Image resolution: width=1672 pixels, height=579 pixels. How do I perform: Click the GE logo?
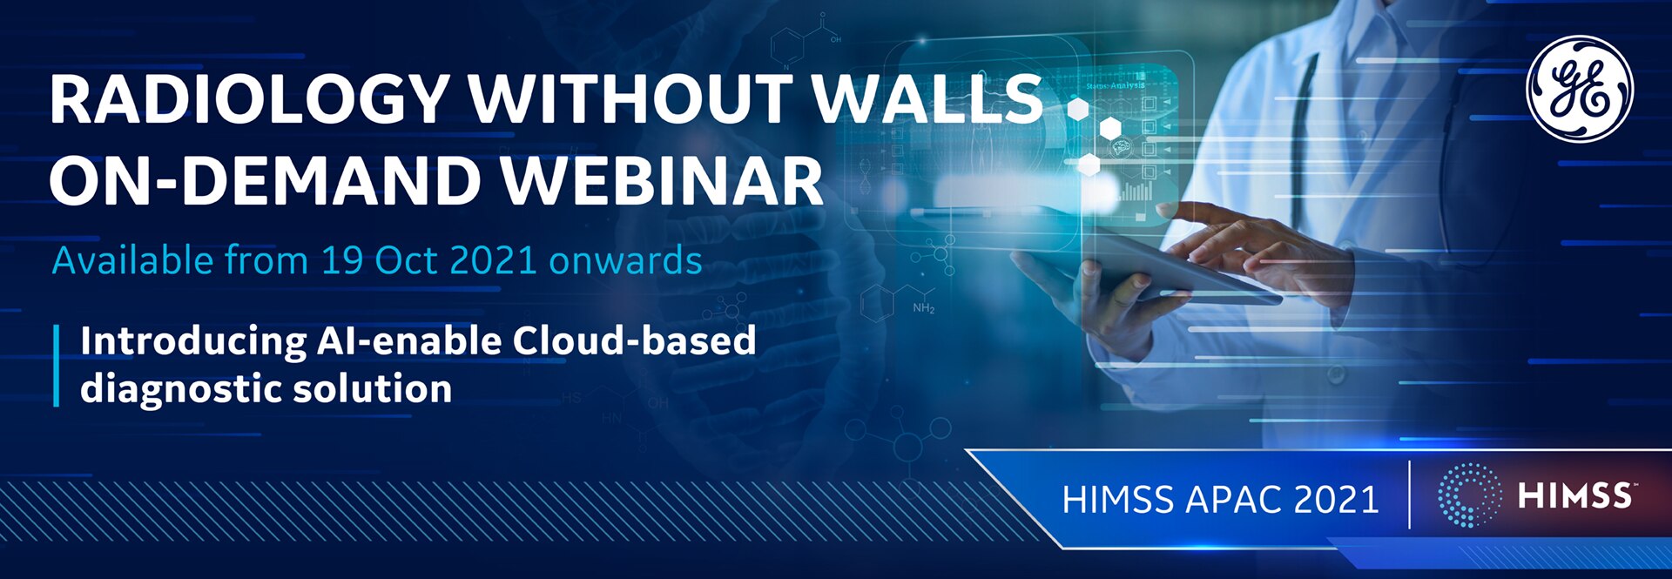coord(1580,89)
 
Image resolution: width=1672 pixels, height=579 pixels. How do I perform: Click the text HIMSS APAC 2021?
coord(1220,499)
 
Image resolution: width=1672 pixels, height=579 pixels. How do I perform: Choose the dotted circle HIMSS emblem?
coord(1469,495)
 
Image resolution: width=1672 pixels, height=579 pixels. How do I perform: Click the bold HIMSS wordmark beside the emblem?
coord(1574,495)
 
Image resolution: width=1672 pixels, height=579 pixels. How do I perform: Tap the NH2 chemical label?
coord(923,308)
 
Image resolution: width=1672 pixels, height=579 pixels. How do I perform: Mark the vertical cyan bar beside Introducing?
coord(57,365)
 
